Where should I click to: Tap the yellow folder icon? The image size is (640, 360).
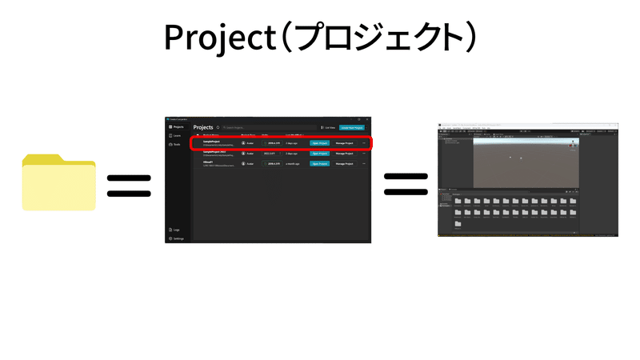[59, 183]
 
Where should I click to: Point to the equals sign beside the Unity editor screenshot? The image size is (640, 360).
[406, 186]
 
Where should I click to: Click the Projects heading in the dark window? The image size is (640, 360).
[203, 127]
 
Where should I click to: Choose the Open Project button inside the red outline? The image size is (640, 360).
[319, 142]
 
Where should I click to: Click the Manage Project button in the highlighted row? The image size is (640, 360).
[345, 142]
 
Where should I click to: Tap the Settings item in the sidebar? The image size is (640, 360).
[177, 238]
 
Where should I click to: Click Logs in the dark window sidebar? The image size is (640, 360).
[175, 230]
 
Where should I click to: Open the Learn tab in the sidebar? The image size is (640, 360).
[176, 136]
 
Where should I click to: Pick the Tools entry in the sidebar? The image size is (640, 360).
[176, 145]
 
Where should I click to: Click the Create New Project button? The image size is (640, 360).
[352, 127]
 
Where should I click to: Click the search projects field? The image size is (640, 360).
[236, 127]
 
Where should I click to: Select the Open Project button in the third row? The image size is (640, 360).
[319, 163]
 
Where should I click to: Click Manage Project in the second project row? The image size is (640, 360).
[345, 153]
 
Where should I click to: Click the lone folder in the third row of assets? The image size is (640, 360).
[457, 224]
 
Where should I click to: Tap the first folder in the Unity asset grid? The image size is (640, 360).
[457, 202]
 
